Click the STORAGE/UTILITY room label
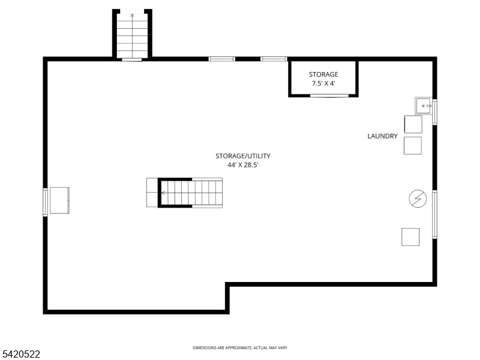click(x=243, y=156)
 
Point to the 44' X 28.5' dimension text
click(x=243, y=165)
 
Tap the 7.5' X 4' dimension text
click(x=323, y=83)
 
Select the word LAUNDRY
click(x=382, y=136)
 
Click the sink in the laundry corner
click(x=424, y=106)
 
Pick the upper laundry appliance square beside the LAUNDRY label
click(x=413, y=124)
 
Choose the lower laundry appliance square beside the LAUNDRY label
click(x=413, y=146)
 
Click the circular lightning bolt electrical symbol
click(x=418, y=199)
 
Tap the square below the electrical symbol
click(x=410, y=237)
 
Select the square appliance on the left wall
click(x=59, y=200)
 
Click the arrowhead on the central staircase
click(x=163, y=193)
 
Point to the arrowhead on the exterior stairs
click(x=132, y=15)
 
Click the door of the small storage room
click(x=329, y=96)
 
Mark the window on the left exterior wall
click(x=46, y=202)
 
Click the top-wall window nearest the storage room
click(x=274, y=59)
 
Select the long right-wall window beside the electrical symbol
click(x=434, y=214)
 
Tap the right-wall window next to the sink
click(x=434, y=112)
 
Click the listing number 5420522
click(x=20, y=354)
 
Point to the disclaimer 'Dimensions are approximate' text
click(x=240, y=348)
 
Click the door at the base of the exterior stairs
click(x=132, y=59)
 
